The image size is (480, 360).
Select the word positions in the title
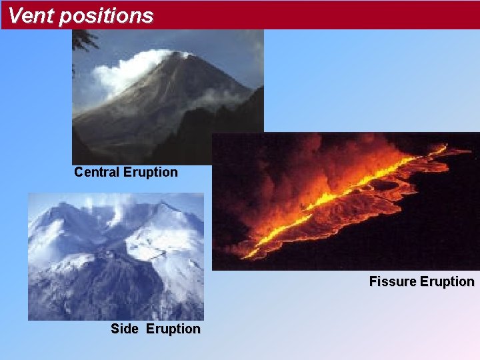coord(106,16)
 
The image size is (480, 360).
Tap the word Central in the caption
coord(97,172)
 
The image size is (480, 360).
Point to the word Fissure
coord(391,281)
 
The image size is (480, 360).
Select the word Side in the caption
coord(125,329)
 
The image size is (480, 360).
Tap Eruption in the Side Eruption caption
coord(173,329)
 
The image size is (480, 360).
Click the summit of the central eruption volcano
coord(179,55)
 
